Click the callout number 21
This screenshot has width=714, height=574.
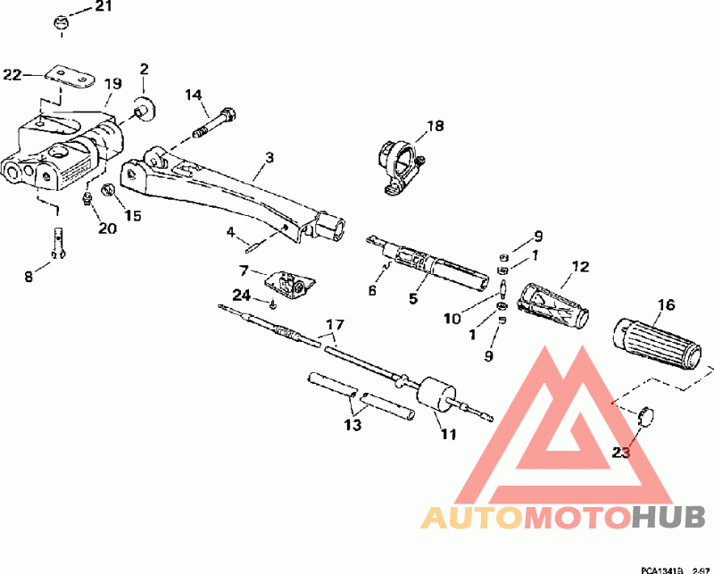click(104, 7)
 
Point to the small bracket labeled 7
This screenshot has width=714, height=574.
click(287, 285)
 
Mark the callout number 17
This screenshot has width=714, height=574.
click(334, 324)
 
